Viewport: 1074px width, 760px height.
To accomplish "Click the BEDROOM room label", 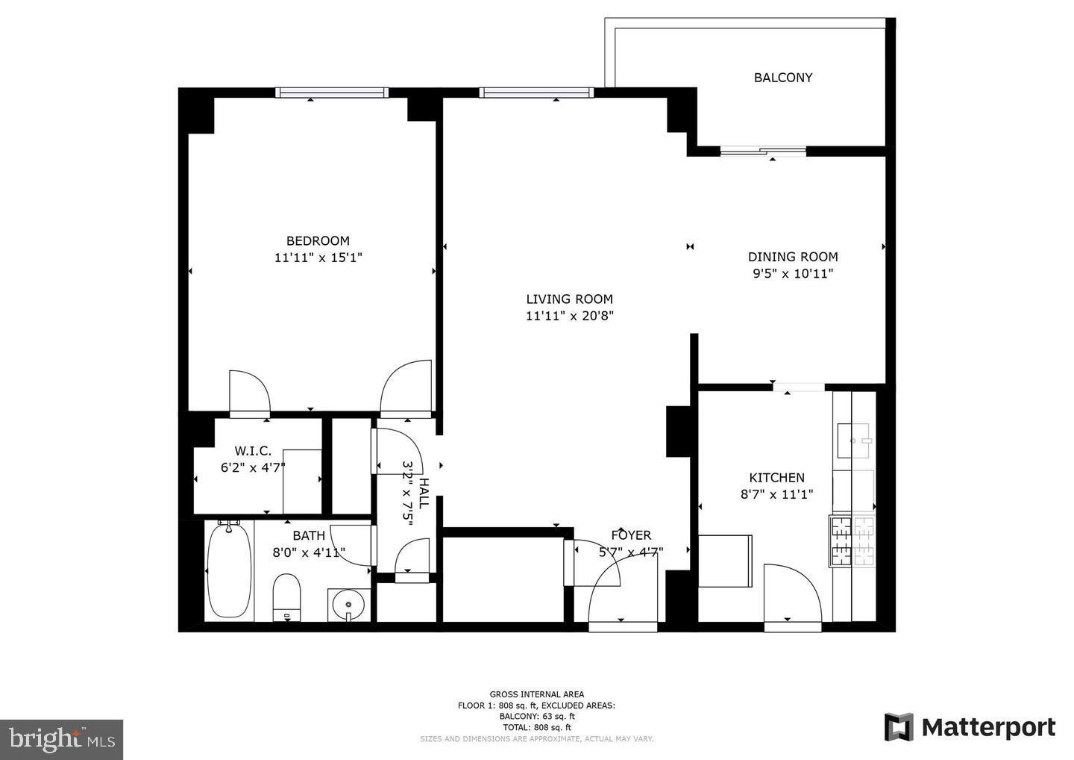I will (318, 240).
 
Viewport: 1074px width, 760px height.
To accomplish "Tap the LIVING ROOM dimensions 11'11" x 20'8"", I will (569, 316).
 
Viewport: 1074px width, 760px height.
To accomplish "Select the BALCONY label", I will (782, 78).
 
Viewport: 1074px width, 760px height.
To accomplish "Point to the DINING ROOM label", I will (792, 257).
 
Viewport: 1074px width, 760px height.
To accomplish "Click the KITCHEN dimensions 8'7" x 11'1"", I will (776, 494).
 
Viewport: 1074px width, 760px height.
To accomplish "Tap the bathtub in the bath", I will (229, 570).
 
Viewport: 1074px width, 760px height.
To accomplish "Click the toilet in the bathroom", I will (286, 596).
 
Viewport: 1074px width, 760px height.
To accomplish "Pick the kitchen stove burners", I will (852, 541).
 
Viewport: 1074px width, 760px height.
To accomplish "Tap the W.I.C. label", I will (253, 451).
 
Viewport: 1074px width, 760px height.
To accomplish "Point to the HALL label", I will (424, 493).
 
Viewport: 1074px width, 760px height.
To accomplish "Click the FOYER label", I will (631, 535).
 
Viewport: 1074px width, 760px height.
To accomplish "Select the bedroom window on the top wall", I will (332, 93).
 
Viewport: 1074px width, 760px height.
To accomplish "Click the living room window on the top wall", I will (536, 93).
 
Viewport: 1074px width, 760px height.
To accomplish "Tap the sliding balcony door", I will (763, 152).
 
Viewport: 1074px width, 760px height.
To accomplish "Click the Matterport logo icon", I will (899, 727).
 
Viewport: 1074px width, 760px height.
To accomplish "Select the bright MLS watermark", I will (61, 739).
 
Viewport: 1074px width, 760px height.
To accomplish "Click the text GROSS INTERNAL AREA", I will (536, 694).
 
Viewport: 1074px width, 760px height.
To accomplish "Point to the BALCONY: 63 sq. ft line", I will (536, 716).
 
